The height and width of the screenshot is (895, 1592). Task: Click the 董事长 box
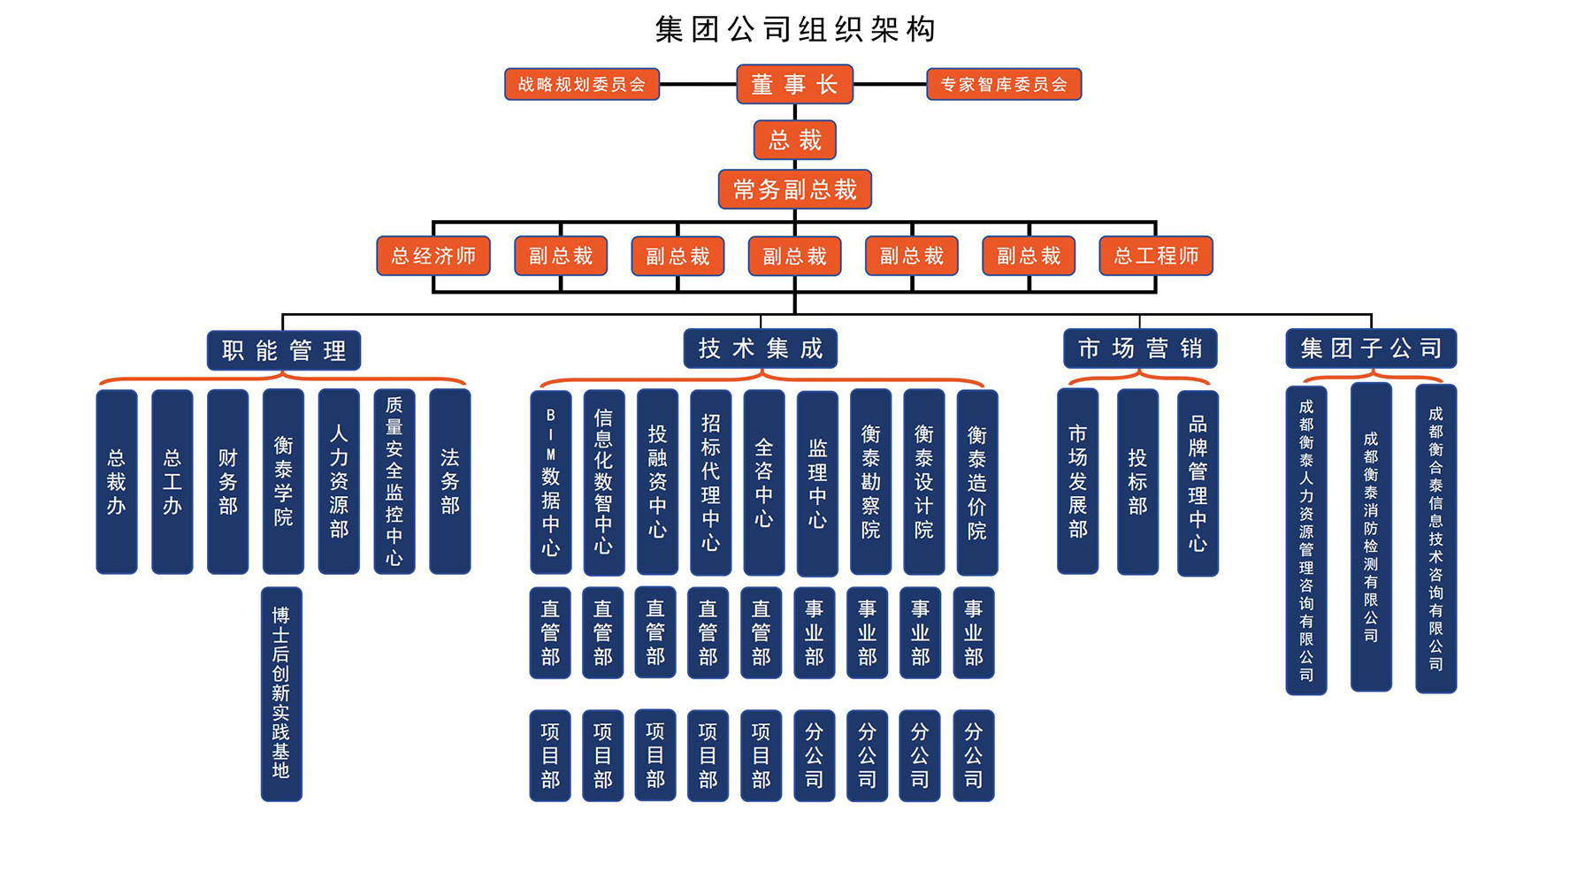click(x=794, y=85)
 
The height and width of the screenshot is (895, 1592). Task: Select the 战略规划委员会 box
click(x=581, y=85)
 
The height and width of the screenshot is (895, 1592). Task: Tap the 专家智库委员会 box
click(x=1003, y=85)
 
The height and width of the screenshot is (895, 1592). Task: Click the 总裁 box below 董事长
click(x=794, y=140)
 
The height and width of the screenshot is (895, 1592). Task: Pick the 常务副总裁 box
click(x=794, y=189)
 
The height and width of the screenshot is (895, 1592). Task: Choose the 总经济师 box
click(x=433, y=256)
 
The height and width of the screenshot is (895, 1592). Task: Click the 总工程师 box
click(x=1155, y=256)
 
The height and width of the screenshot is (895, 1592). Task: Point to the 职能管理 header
click(x=283, y=350)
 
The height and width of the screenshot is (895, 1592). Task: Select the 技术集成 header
click(x=760, y=348)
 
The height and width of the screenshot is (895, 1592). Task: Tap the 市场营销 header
click(x=1139, y=348)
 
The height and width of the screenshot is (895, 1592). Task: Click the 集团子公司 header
click(x=1370, y=348)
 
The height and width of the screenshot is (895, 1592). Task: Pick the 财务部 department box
click(x=227, y=482)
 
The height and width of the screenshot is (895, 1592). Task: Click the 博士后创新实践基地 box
click(x=281, y=693)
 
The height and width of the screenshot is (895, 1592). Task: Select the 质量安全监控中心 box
click(x=394, y=482)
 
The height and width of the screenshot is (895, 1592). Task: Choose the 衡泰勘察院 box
click(x=870, y=482)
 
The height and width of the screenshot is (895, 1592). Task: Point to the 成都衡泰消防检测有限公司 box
click(x=1370, y=537)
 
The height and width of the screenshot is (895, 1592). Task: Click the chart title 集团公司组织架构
click(x=794, y=29)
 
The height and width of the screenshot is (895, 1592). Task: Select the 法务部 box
click(x=449, y=482)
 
